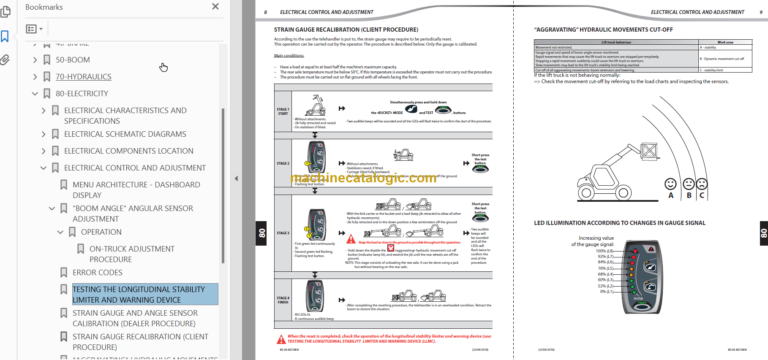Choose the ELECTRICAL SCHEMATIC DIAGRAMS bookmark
point(124,133)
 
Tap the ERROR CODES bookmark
point(97,271)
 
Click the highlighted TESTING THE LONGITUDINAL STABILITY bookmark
point(143,293)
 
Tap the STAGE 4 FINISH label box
point(285,299)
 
